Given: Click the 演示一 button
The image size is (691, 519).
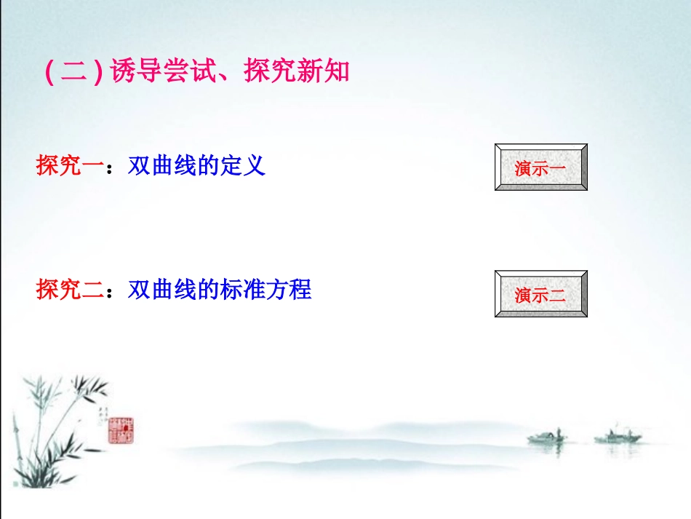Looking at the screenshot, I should click(540, 167).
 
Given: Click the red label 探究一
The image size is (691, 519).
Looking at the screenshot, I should click(70, 166).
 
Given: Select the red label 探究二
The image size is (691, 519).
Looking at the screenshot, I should click(70, 290).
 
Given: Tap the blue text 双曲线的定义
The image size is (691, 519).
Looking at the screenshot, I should click(196, 166).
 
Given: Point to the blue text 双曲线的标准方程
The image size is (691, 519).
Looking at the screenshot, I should click(220, 290).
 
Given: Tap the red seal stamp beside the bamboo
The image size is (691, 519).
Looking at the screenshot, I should click(121, 430).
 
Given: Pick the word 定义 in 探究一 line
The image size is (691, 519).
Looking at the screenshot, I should click(242, 166).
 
